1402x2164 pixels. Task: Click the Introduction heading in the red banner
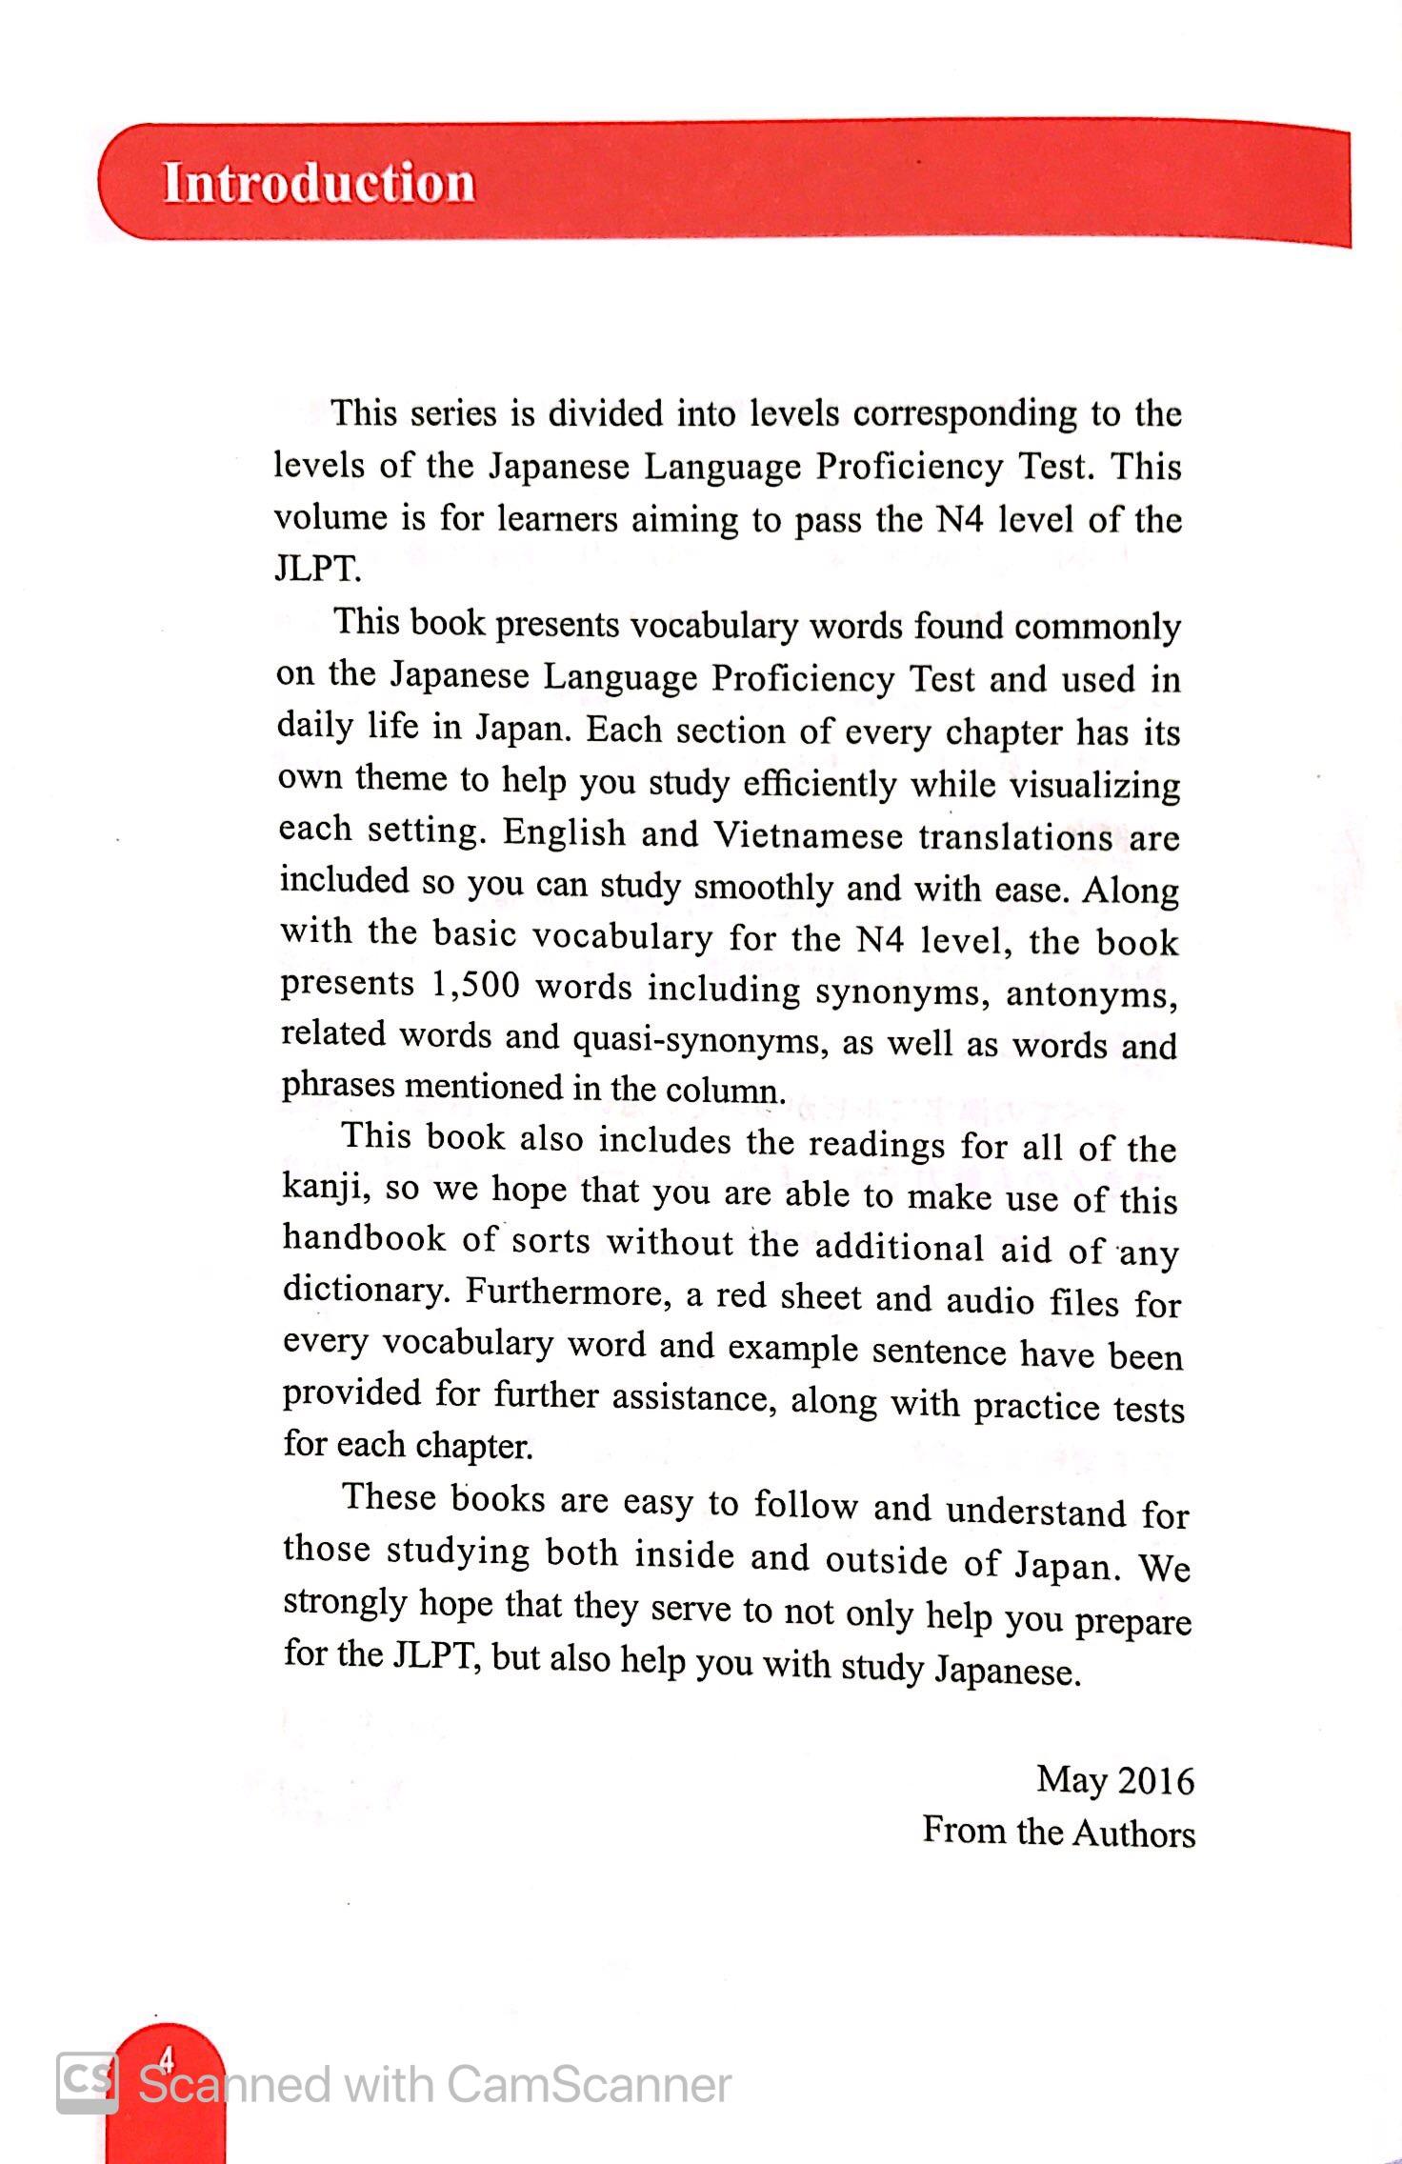(319, 182)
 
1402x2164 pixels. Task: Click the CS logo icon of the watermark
(88, 2081)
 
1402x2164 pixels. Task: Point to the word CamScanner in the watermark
(589, 2085)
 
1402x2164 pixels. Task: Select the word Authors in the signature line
(1133, 1833)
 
